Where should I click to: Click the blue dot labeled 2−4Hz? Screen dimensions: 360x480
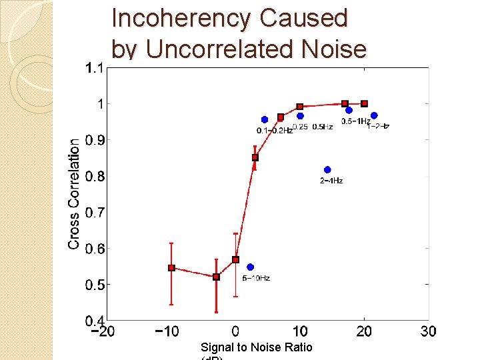[x=327, y=169]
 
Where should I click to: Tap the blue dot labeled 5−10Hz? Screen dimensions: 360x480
[x=250, y=267]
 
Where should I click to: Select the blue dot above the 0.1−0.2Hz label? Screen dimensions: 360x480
[x=265, y=120]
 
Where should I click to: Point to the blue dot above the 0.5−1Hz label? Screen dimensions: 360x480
[x=349, y=111]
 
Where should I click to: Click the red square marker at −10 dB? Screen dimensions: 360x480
[x=171, y=268]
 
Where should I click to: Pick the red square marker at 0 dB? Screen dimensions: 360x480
[x=235, y=259]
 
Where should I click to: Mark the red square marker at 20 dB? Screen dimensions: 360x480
[x=365, y=103]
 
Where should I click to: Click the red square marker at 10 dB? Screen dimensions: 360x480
[x=300, y=107]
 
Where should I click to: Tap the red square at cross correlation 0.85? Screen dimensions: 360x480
[x=255, y=157]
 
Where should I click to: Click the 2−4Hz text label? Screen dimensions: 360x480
[x=331, y=181]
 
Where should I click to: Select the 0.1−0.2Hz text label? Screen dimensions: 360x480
[x=275, y=131]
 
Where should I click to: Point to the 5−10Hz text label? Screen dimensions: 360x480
[x=256, y=278]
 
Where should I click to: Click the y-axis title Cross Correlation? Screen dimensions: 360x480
[x=74, y=193]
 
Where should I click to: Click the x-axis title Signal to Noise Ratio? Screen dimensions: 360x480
[x=256, y=347]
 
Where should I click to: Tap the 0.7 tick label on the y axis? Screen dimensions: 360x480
[x=93, y=212]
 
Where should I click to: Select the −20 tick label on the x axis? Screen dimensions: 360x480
[x=102, y=331]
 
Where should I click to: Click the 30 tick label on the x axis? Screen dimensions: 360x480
[x=429, y=331]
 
